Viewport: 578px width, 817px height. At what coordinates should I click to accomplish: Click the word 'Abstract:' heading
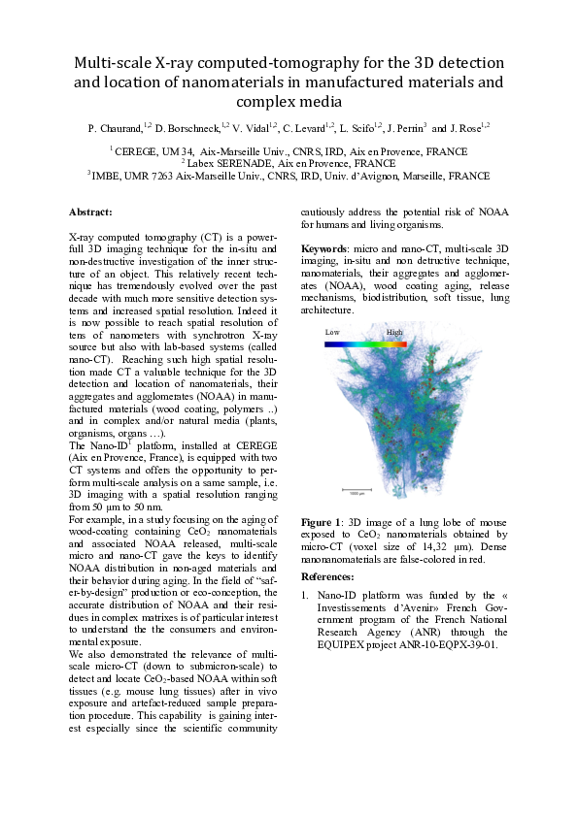tap(90, 212)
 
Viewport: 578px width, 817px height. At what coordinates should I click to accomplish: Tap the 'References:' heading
tap(328, 575)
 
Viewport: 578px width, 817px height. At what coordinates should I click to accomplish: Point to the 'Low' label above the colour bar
tap(332, 332)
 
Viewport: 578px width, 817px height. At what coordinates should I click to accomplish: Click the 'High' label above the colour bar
tap(394, 332)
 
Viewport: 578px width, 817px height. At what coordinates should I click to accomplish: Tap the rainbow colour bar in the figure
tap(363, 342)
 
